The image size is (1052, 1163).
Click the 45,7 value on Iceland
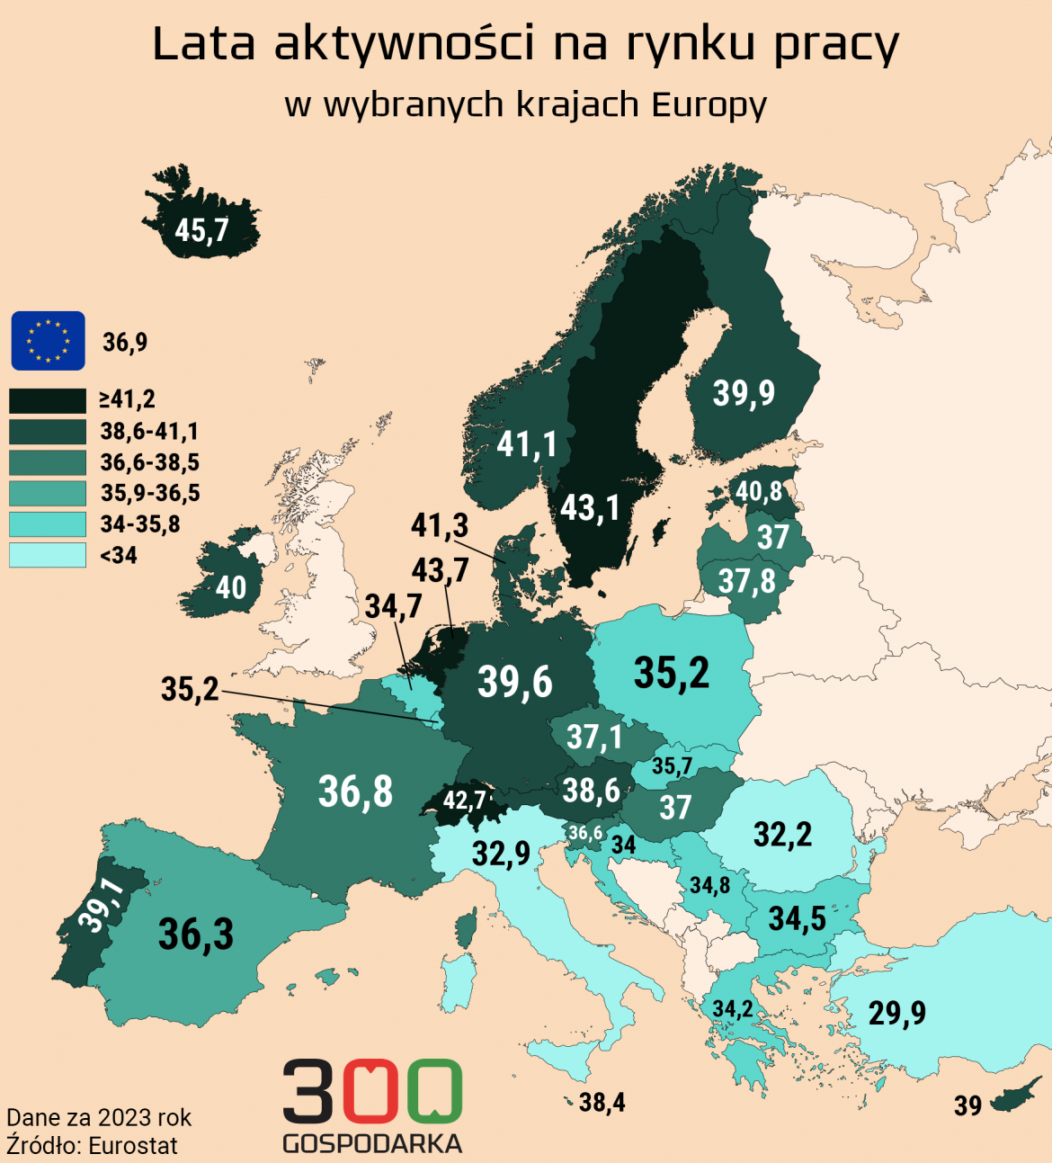pos(201,230)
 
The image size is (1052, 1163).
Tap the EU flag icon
pos(48,341)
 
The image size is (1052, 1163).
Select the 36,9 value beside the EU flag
pos(125,343)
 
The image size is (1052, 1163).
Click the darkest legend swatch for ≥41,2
pos(48,400)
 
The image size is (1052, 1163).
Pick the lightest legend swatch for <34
pos(48,555)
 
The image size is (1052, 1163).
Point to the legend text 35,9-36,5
pos(150,493)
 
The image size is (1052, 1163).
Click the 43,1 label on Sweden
pos(590,508)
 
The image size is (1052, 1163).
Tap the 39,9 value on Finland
pos(744,393)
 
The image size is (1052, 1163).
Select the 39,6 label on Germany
pos(514,682)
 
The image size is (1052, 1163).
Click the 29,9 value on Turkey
pos(896,1014)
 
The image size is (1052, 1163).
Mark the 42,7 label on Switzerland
pos(464,800)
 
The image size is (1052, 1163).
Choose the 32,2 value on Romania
pos(782,835)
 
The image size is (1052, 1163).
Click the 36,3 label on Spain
pos(196,935)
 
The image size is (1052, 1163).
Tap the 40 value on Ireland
pos(231,588)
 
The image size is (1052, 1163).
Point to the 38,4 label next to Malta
pos(602,1103)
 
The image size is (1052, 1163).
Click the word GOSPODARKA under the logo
pos(372,1144)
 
